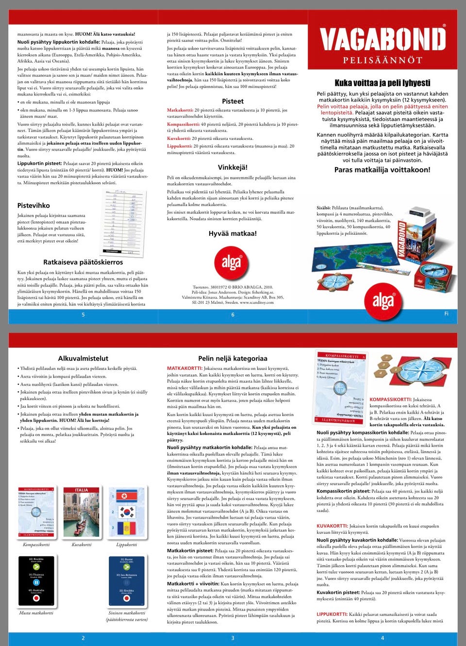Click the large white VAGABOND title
pyautogui.click(x=383, y=39)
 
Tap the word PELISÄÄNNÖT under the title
pyautogui.click(x=383, y=60)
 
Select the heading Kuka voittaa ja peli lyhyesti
pyautogui.click(x=383, y=83)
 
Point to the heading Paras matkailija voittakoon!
pyautogui.click(x=382, y=170)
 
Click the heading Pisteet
pyautogui.click(x=233, y=101)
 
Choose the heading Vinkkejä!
pyautogui.click(x=233, y=167)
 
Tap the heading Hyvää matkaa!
pyautogui.click(x=233, y=233)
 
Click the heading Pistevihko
pyautogui.click(x=33, y=206)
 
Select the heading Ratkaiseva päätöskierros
pyautogui.click(x=83, y=262)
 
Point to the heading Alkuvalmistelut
pyautogui.click(x=83, y=358)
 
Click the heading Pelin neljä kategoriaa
pyautogui.click(x=233, y=358)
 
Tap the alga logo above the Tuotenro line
pyautogui.click(x=232, y=263)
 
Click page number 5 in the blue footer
pyautogui.click(x=83, y=315)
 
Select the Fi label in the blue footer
pyautogui.click(x=446, y=314)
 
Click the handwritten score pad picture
pyautogui.click(x=120, y=222)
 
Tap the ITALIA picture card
pyautogui.click(x=82, y=512)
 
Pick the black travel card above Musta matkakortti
pyautogui.click(x=36, y=581)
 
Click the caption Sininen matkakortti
pyautogui.click(x=127, y=613)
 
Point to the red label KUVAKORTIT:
pyautogui.click(x=332, y=526)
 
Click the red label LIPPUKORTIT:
pyautogui.click(x=332, y=614)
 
